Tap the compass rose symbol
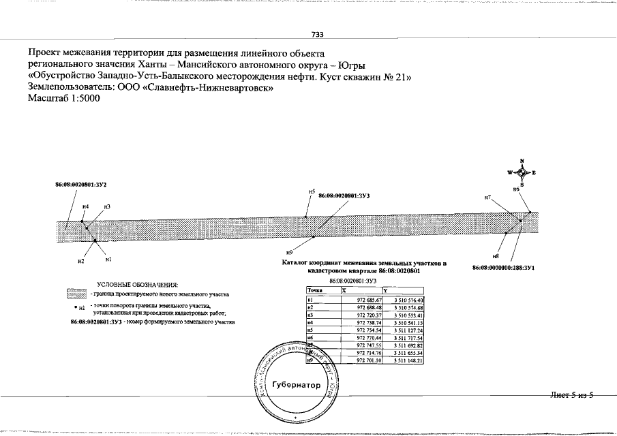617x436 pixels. [x=522, y=173]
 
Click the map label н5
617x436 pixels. [x=311, y=192]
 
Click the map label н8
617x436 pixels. [x=496, y=255]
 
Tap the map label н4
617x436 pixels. [x=85, y=206]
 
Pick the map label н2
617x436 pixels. [x=80, y=261]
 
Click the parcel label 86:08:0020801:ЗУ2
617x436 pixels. [x=82, y=185]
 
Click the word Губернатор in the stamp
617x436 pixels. [x=295, y=386]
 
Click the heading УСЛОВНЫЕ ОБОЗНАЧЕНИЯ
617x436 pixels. [x=137, y=283]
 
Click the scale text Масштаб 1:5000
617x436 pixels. [x=63, y=99]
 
